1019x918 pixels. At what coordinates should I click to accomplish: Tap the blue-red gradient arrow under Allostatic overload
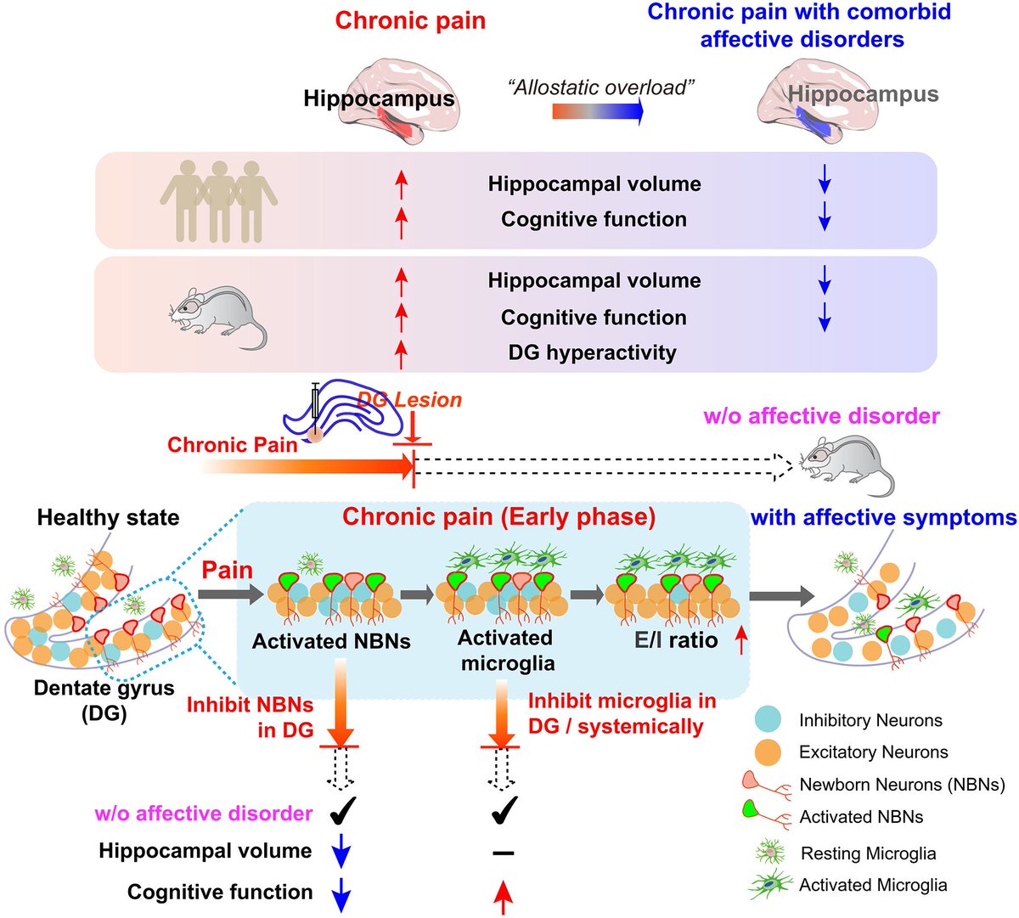tap(598, 110)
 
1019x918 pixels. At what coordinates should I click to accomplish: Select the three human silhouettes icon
tap(219, 200)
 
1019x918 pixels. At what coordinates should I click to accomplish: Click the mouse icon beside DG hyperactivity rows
tap(219, 316)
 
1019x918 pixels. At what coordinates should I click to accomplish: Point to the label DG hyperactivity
tap(592, 352)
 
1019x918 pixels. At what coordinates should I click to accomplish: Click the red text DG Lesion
tap(409, 399)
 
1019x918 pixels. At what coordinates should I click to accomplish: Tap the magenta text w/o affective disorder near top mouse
tap(821, 416)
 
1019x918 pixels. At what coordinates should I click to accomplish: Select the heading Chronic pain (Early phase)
tap(498, 517)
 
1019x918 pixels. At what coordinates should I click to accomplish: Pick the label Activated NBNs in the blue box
tap(331, 641)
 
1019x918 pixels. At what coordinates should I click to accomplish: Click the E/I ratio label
tap(676, 639)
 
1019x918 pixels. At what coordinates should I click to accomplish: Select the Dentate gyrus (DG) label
tap(104, 701)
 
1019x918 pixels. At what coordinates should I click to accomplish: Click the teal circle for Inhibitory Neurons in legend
tap(768, 720)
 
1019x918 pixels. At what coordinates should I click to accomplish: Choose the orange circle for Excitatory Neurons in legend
tap(768, 752)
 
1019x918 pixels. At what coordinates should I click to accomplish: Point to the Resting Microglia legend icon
tap(770, 852)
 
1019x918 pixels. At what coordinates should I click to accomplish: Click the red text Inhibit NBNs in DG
tap(251, 717)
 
